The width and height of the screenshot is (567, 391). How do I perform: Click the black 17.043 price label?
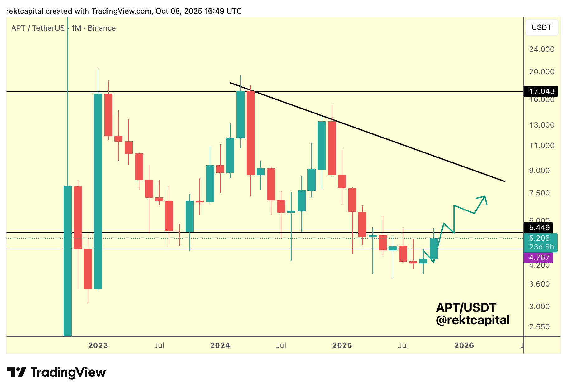(542, 91)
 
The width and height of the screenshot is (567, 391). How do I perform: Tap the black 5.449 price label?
(539, 228)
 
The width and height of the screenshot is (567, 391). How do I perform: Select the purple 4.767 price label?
(539, 258)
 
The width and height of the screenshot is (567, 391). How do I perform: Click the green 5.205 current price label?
(539, 238)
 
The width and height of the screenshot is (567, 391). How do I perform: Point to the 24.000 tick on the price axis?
(542, 49)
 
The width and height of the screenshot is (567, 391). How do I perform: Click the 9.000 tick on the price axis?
(539, 171)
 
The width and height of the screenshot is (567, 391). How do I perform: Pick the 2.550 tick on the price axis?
(539, 327)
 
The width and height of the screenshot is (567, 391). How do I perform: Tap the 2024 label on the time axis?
(220, 345)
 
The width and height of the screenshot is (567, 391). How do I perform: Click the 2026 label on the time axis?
(464, 345)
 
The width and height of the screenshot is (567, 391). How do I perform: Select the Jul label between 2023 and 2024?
(159, 345)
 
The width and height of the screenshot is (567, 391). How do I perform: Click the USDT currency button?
(541, 27)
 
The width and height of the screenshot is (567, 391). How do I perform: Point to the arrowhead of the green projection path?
(485, 197)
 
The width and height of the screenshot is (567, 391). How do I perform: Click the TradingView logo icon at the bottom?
(17, 372)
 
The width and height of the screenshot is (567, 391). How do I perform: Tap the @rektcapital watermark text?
(473, 320)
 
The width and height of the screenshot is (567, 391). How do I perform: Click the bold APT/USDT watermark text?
(466, 308)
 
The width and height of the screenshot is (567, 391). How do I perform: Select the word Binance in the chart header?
(102, 28)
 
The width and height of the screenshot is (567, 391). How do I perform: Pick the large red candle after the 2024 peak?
(251, 133)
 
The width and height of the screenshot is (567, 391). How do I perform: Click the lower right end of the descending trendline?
(504, 181)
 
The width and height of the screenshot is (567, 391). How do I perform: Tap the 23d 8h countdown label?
(541, 247)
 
